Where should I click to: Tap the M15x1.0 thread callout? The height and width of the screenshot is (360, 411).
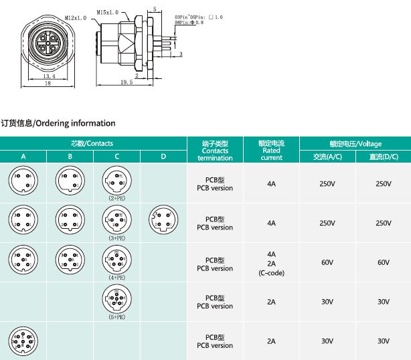pyautogui.click(x=108, y=12)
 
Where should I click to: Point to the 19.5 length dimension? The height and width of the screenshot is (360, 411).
pyautogui.click(x=127, y=82)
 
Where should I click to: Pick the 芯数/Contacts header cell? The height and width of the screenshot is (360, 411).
pyautogui.click(x=92, y=143)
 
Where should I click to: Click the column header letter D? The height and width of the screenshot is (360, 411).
pyautogui.click(x=163, y=157)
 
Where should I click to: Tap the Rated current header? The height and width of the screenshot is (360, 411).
pyautogui.click(x=271, y=151)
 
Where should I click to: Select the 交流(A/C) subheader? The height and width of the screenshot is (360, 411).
pyautogui.click(x=327, y=157)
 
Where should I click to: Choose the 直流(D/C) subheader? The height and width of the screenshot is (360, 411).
pyautogui.click(x=383, y=157)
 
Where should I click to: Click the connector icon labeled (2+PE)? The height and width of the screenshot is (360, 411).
pyautogui.click(x=116, y=180)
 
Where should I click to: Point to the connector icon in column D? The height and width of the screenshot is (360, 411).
pyautogui.click(x=163, y=219)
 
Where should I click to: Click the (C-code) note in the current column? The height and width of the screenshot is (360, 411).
pyautogui.click(x=271, y=273)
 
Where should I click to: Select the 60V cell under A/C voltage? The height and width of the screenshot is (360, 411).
pyautogui.click(x=327, y=262)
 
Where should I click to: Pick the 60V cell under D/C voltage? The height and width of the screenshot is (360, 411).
pyautogui.click(x=383, y=262)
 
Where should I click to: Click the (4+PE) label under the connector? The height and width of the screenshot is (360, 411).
pyautogui.click(x=116, y=277)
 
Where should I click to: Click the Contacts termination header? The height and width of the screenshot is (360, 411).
pyautogui.click(x=215, y=151)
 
